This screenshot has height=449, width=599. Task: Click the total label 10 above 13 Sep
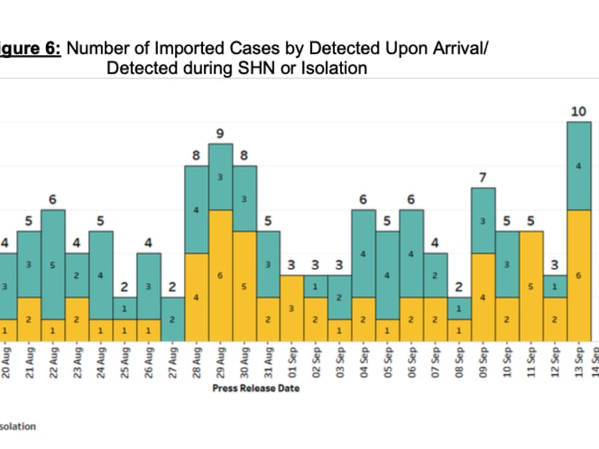(577, 111)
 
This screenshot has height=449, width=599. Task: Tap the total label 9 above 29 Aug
(220, 133)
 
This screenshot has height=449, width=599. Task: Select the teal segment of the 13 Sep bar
(579, 166)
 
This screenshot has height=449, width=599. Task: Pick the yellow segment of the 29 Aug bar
(220, 275)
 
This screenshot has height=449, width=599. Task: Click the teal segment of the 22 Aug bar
(53, 264)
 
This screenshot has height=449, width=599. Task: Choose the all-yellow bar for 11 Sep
(531, 286)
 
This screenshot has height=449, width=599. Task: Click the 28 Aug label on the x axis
(196, 361)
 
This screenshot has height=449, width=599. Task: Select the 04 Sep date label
(364, 361)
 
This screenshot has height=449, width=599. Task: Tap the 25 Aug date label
(125, 361)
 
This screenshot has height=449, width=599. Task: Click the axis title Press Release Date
(255, 388)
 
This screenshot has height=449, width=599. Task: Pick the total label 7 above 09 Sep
(483, 177)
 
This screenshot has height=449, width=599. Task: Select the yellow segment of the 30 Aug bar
(244, 286)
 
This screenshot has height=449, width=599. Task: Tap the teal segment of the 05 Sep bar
(388, 275)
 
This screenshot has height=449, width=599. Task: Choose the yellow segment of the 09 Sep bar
(483, 297)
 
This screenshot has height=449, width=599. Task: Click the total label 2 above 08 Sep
(459, 287)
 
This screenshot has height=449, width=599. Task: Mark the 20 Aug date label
(6, 361)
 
